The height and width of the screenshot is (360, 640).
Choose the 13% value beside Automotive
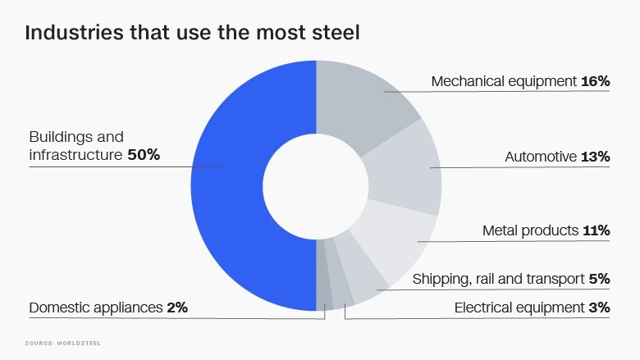[597, 157]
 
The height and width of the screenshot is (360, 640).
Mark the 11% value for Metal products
[597, 230]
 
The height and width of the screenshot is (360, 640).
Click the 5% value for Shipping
[600, 279]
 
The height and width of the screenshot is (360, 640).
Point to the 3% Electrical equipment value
[600, 308]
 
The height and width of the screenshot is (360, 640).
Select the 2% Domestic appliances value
[176, 308]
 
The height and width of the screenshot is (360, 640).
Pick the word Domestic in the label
[57, 308]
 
